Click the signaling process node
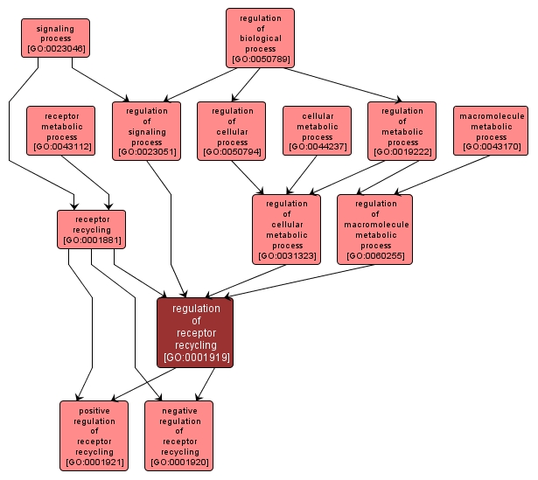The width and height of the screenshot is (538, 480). [x=55, y=38]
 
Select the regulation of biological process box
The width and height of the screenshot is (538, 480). [x=260, y=38]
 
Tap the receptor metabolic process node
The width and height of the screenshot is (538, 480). [x=61, y=130]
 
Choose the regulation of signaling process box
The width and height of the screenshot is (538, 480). [x=146, y=131]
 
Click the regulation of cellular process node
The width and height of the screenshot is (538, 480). [x=232, y=131]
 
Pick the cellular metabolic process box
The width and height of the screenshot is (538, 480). [x=317, y=130]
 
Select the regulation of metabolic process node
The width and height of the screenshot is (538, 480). [x=402, y=131]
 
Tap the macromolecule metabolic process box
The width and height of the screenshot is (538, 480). [x=491, y=130]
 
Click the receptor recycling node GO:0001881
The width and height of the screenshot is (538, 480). [x=91, y=229]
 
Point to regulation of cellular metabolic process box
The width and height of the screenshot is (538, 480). [x=286, y=229]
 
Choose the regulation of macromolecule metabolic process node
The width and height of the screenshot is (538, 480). [x=374, y=229]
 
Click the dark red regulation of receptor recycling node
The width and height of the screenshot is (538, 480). [x=196, y=332]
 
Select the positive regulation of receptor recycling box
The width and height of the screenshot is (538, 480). [x=94, y=435]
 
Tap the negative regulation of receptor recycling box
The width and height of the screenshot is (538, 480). [x=178, y=435]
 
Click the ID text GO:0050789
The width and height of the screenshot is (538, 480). [x=260, y=60]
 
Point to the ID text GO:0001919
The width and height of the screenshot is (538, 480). [x=196, y=357]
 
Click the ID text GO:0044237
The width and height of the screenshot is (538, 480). [x=317, y=147]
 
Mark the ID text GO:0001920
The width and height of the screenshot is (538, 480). [x=178, y=461]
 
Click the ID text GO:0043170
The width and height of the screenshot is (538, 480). [x=491, y=147]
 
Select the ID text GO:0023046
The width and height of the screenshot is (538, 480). [x=55, y=50]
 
